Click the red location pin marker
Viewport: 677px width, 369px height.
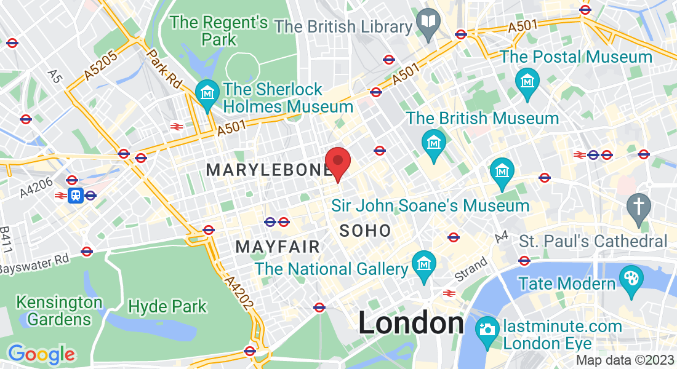338,162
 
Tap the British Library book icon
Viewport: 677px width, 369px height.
427,22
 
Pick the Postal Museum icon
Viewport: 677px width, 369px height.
528,79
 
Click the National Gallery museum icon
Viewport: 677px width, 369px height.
424,263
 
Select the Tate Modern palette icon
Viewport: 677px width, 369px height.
631,277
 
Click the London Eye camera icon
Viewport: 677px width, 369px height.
487,328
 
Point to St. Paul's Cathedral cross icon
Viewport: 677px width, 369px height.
638,205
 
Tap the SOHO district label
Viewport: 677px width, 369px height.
365,231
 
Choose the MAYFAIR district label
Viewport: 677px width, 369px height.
278,247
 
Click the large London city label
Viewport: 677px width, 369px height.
411,323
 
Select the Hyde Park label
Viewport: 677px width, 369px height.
167,306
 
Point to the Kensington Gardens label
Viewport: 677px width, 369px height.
59,311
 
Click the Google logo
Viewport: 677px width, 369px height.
41,354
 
